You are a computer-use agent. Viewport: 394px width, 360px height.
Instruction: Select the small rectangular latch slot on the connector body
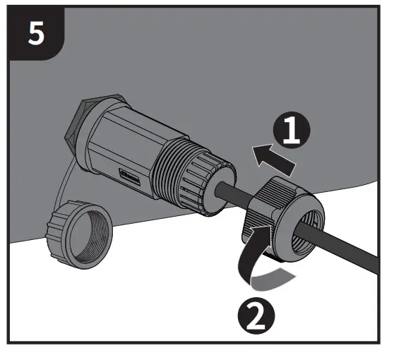pyautogui.click(x=131, y=174)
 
